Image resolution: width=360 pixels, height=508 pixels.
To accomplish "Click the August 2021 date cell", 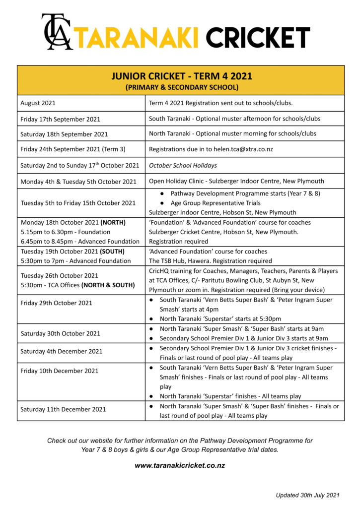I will point(38,103).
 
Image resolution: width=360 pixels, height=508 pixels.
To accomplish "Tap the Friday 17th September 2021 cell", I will point(60,119).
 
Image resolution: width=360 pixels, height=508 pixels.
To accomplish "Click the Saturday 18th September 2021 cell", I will point(64,134).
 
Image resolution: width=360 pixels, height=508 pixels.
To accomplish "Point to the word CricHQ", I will point(160,271).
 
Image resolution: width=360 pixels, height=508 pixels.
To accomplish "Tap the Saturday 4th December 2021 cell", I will point(62,351).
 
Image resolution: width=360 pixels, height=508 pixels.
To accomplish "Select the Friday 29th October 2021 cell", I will point(57,303).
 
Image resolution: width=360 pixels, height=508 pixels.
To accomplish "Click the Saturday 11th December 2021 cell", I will point(63,409).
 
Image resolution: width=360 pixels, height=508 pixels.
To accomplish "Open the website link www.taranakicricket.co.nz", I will point(180,466).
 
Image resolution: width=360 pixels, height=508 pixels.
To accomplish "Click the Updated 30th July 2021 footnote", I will point(308,495).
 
